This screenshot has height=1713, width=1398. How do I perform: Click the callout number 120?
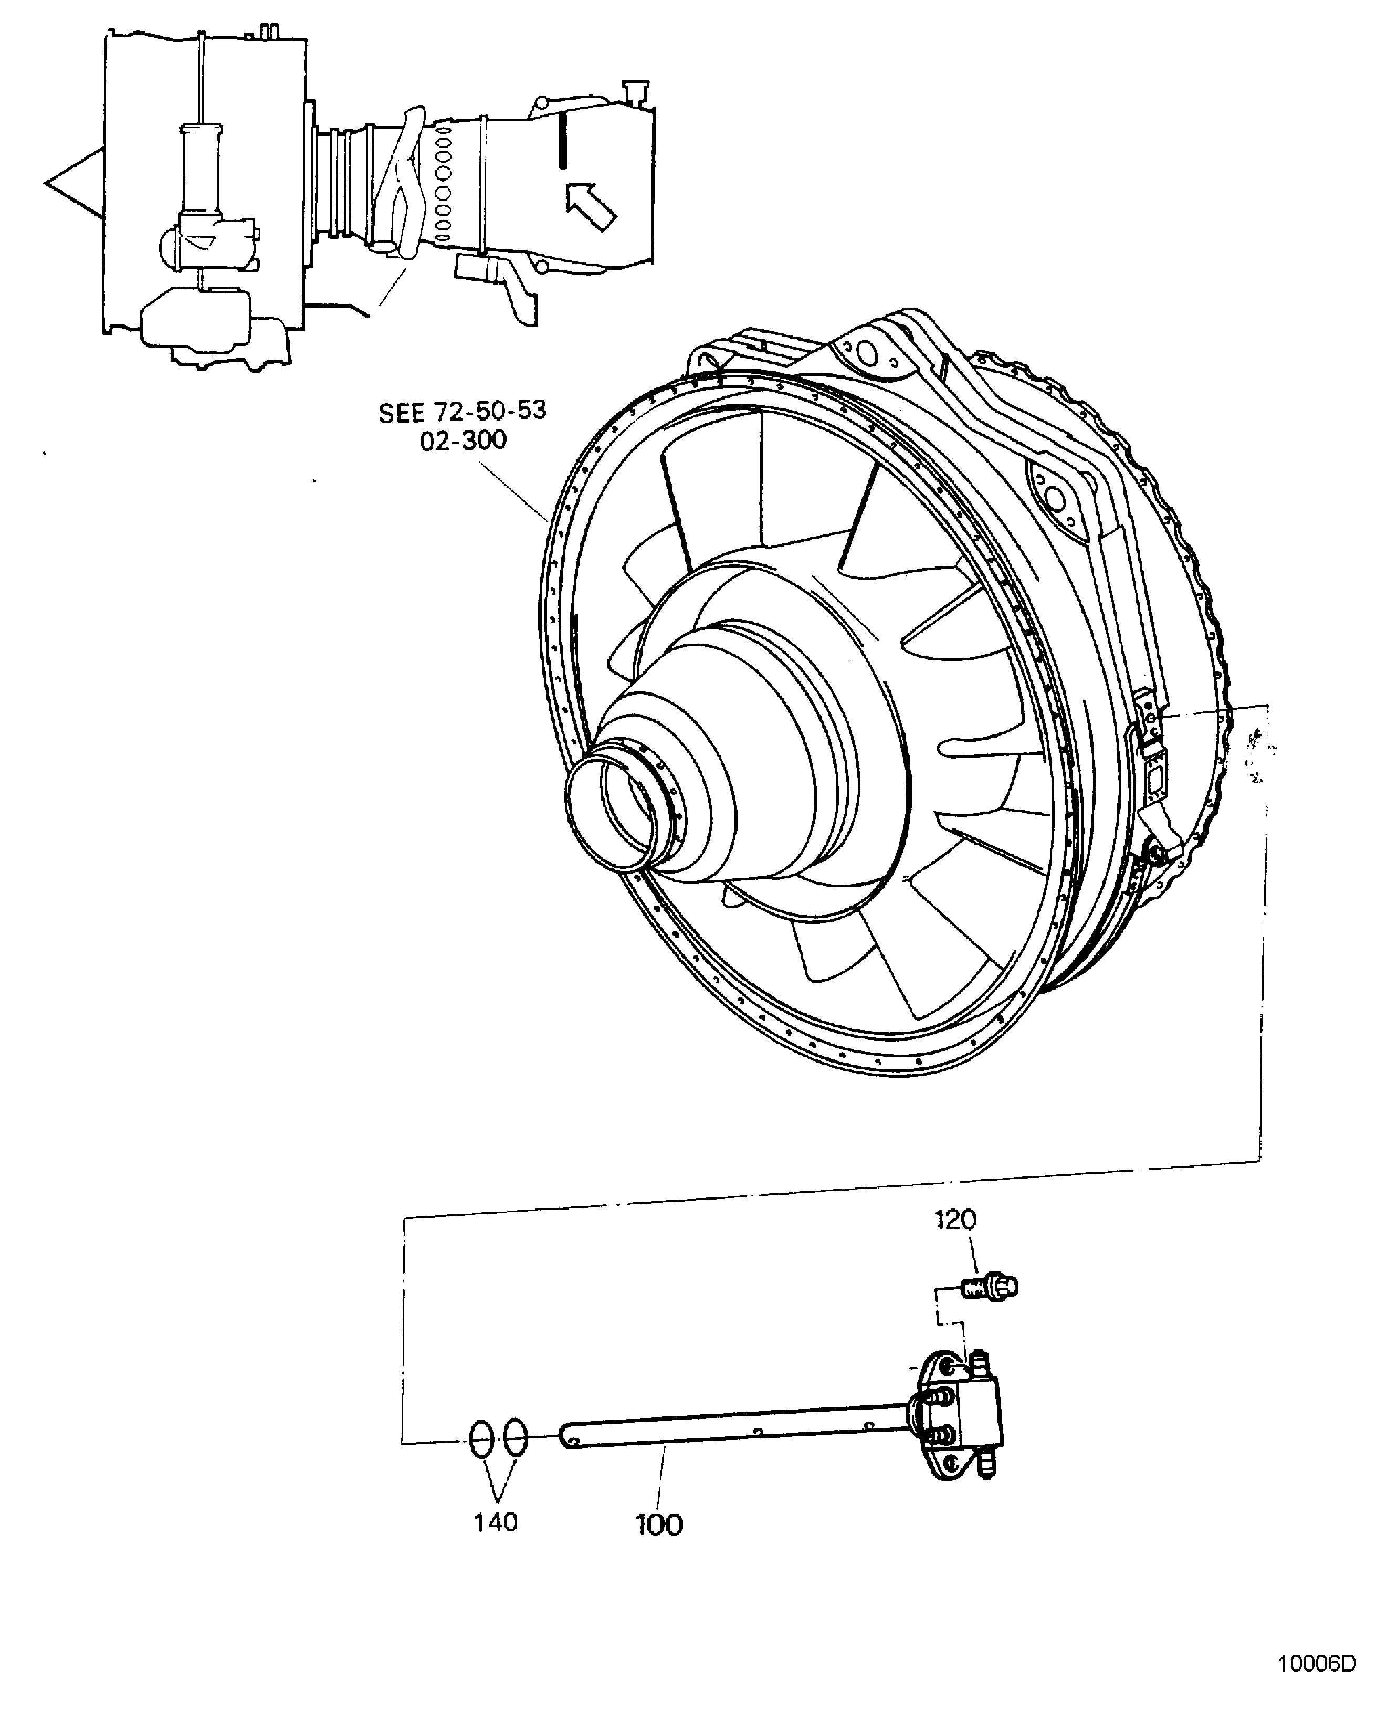tap(956, 1220)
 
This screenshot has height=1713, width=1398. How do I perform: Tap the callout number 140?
tap(495, 1522)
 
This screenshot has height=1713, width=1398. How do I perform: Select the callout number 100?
tap(659, 1525)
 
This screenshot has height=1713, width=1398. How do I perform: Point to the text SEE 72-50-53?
tap(463, 412)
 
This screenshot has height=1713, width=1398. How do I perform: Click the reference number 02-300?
tap(463, 440)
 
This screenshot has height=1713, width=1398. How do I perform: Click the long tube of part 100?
tap(725, 1426)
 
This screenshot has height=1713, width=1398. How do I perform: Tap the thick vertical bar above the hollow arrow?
tap(563, 140)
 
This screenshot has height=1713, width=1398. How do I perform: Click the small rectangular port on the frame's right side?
tap(1155, 779)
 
